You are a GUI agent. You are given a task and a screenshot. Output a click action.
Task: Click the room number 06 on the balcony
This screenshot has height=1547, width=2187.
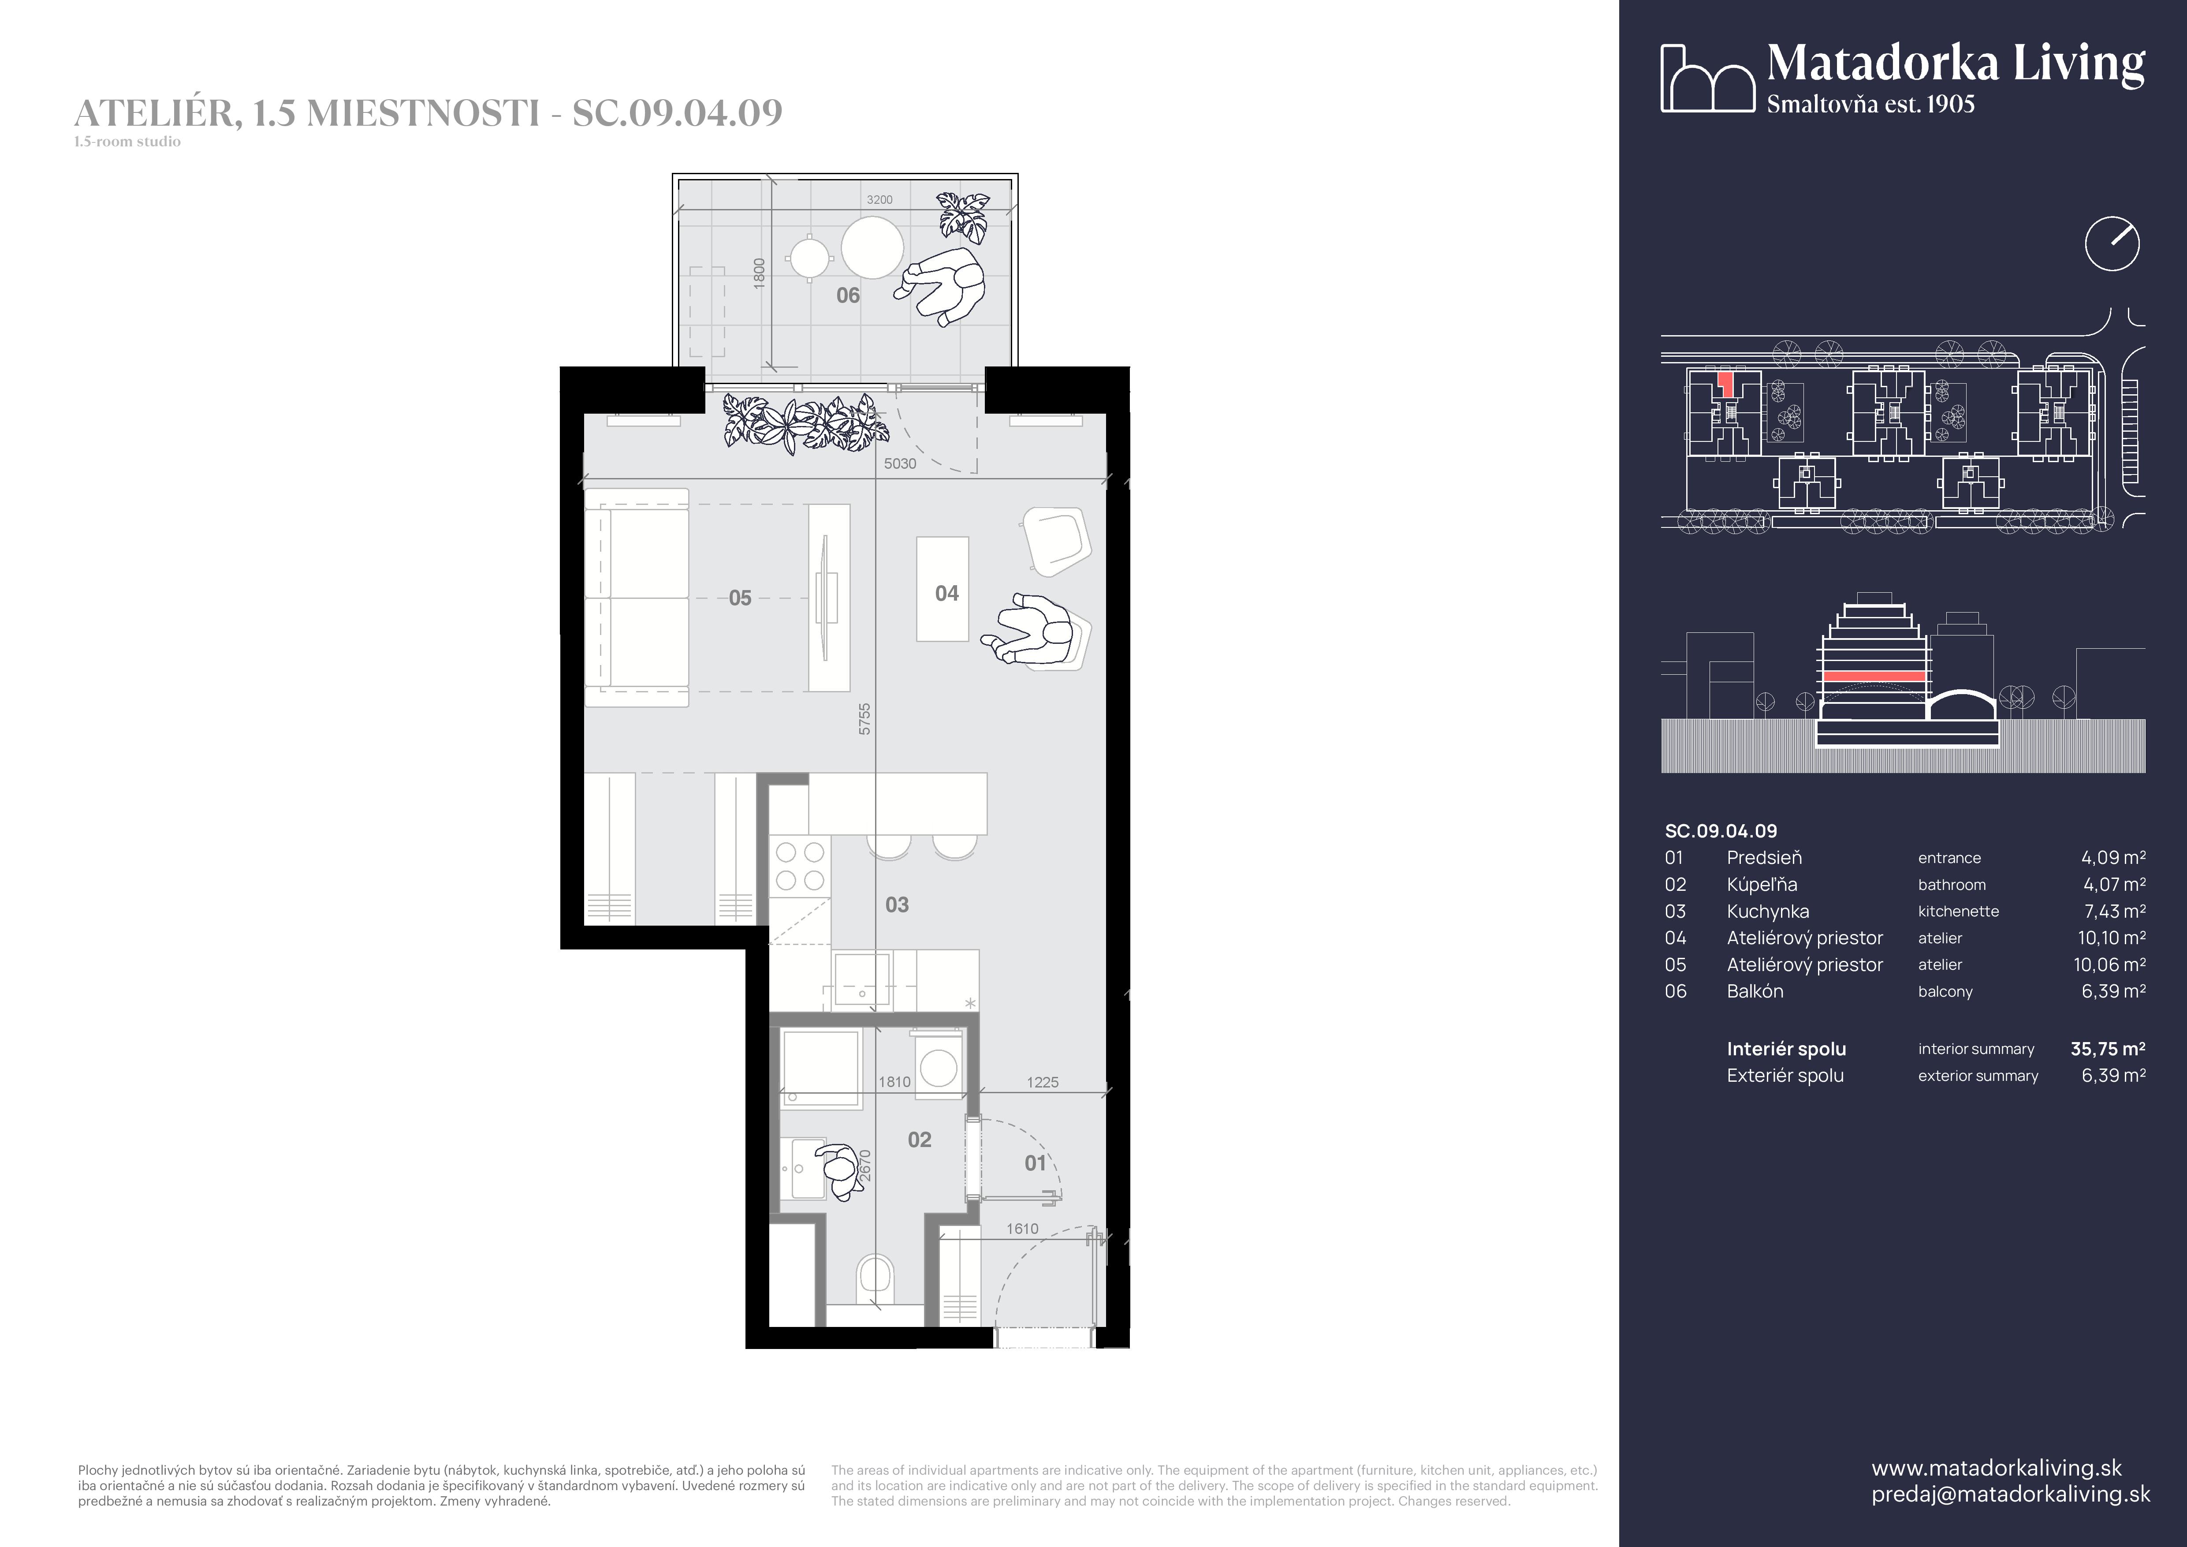coord(848,295)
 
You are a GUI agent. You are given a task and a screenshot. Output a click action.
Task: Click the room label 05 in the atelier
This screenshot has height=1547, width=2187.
coord(740,598)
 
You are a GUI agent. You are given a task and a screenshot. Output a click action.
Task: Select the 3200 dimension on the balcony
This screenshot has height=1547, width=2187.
coord(879,200)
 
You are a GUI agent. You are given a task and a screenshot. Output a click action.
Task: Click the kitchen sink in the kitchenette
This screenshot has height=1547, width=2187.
coord(862,980)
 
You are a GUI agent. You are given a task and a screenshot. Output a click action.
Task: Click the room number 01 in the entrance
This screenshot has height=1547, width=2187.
coord(1036,1163)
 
